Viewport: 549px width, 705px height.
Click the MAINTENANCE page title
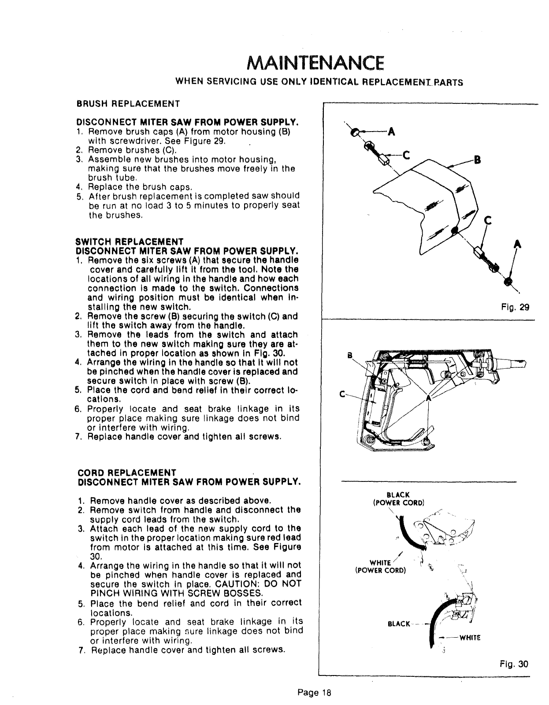[x=314, y=64]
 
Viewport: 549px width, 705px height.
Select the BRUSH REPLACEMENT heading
[x=128, y=104]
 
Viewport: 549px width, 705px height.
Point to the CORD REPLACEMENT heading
[x=127, y=473]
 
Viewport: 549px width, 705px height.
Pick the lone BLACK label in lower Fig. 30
[x=399, y=624]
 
